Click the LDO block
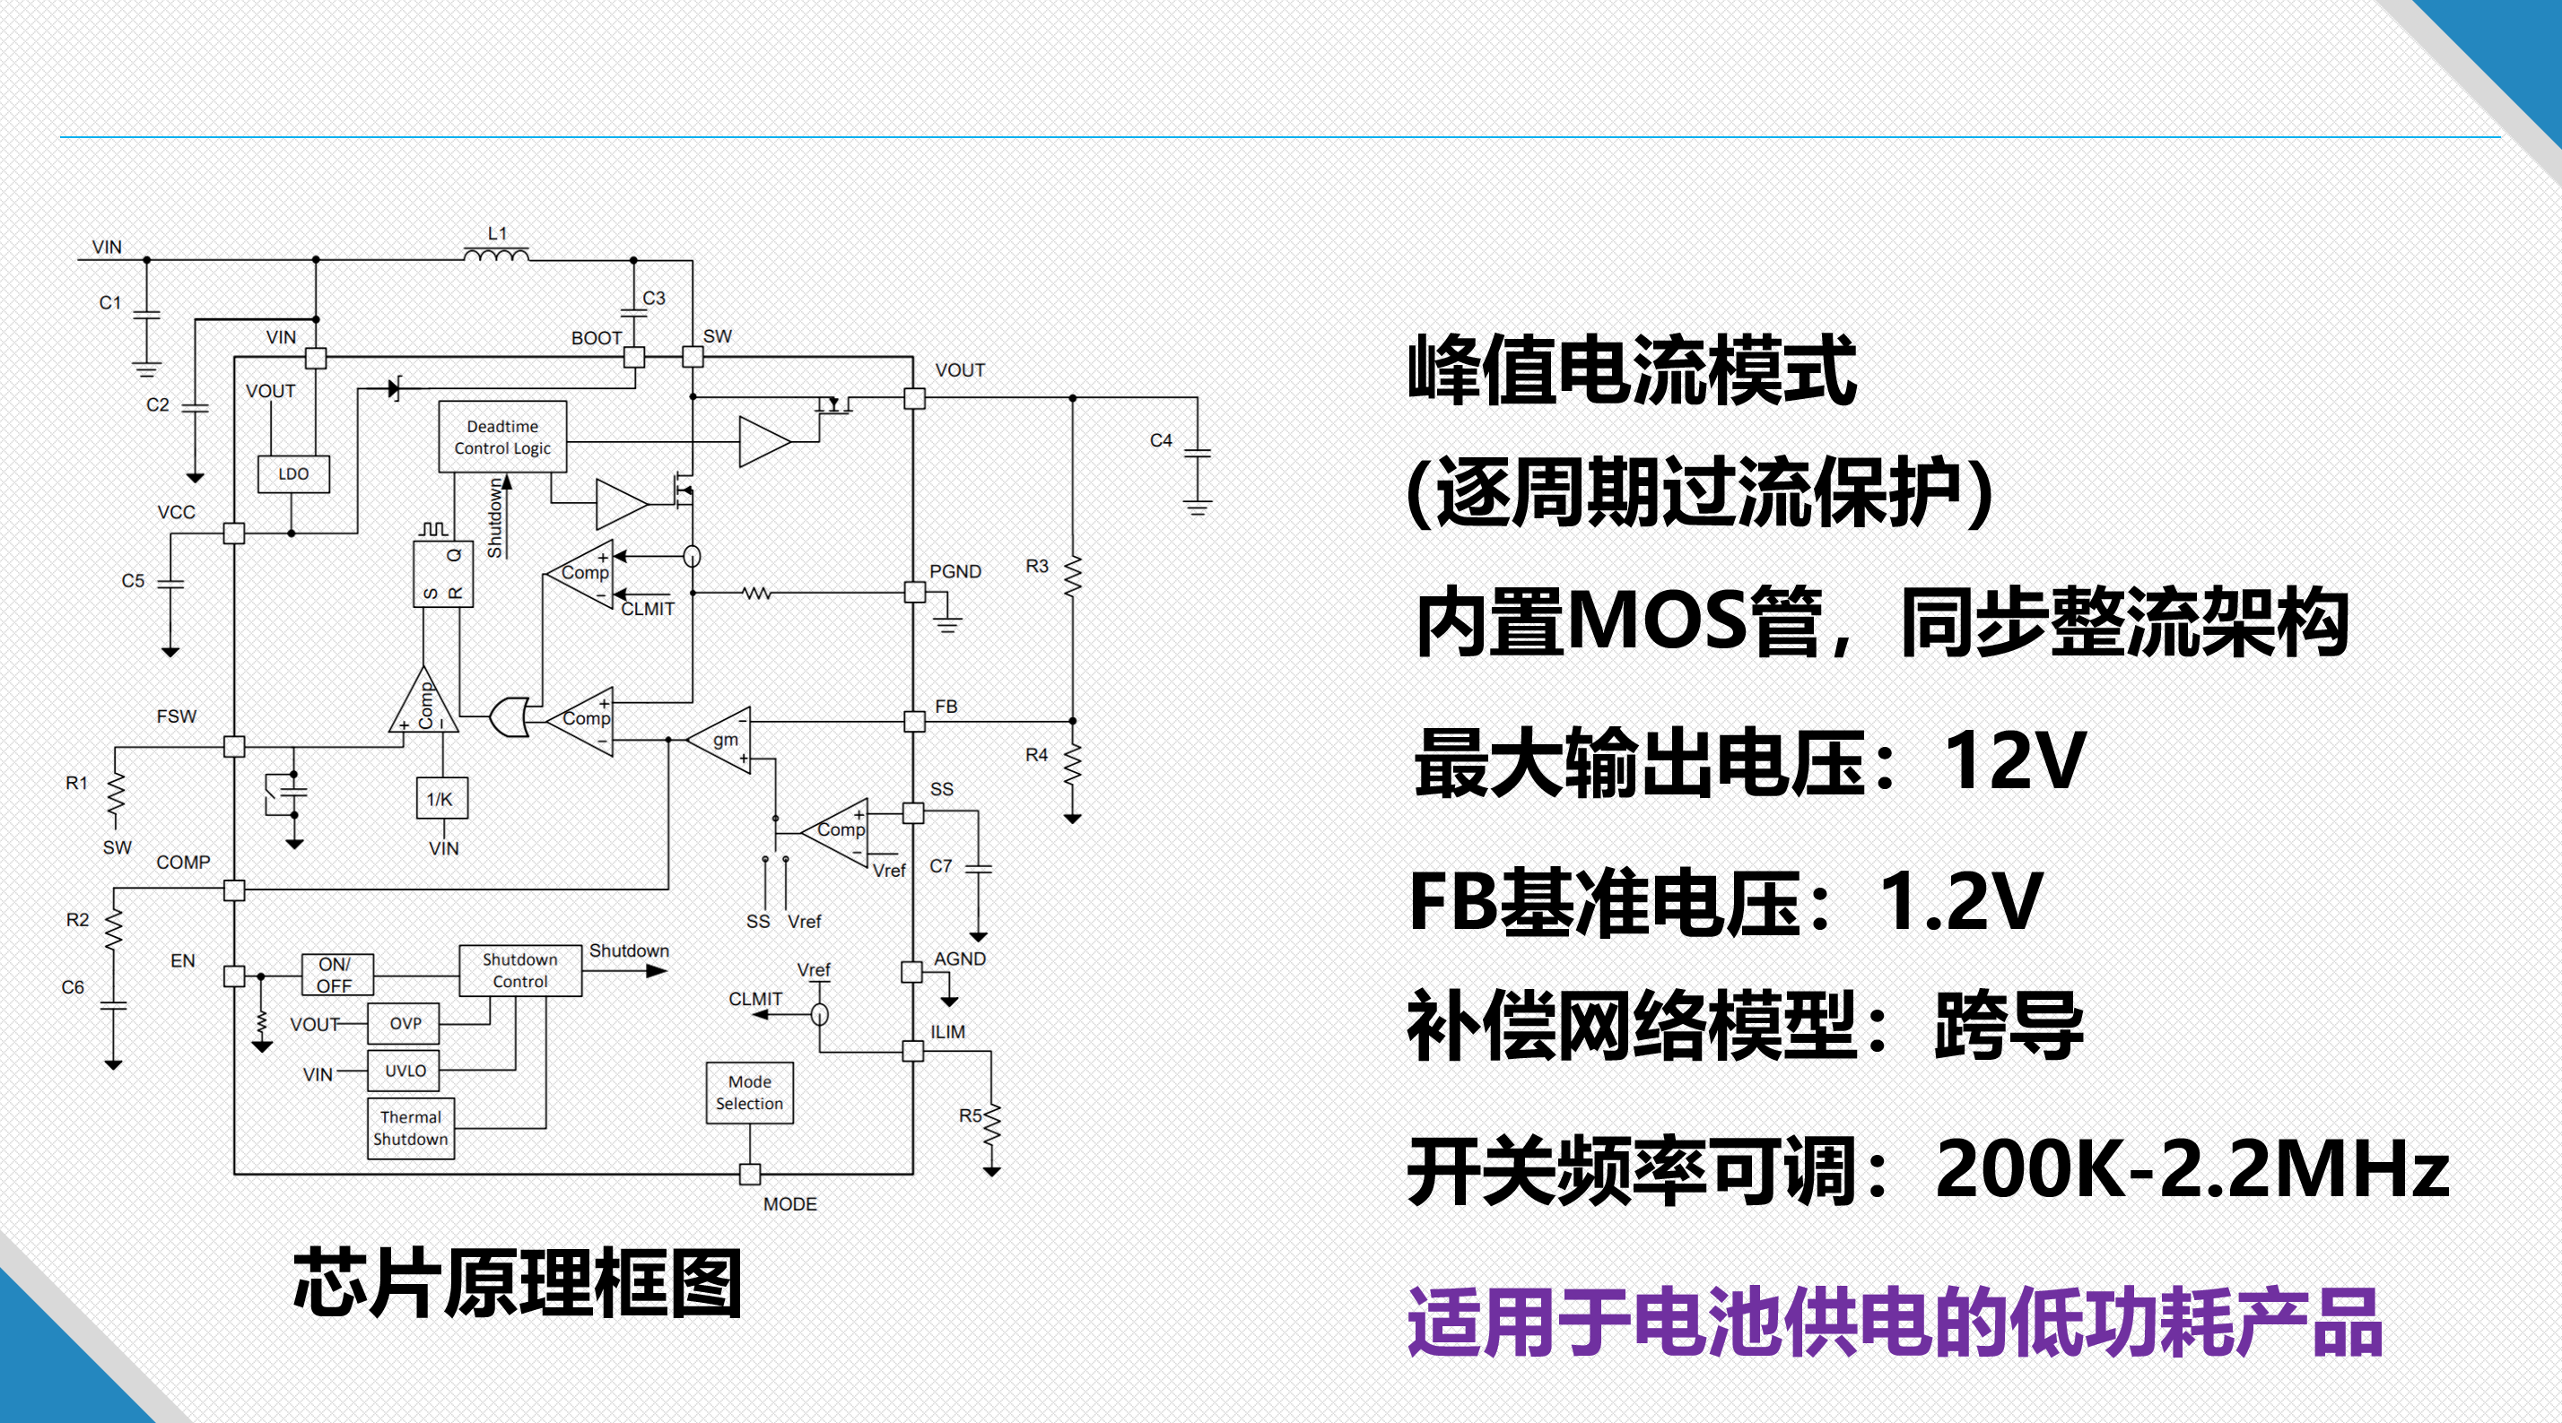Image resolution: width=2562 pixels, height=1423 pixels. [x=293, y=474]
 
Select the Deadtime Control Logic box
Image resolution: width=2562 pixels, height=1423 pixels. [x=502, y=438]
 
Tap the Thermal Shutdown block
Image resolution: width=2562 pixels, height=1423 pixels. [x=411, y=1129]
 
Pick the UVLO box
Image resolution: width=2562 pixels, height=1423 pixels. [x=404, y=1071]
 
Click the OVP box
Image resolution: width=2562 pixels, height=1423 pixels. [x=404, y=1023]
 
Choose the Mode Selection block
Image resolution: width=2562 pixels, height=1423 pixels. [x=750, y=1093]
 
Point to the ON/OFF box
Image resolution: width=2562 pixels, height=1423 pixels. [x=336, y=976]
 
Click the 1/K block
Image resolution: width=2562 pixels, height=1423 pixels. [x=440, y=799]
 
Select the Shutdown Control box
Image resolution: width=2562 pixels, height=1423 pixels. [x=520, y=970]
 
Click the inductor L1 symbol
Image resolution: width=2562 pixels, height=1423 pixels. [x=496, y=256]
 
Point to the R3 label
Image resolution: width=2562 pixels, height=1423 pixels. [x=1036, y=566]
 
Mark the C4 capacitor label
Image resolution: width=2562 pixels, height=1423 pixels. [x=1161, y=440]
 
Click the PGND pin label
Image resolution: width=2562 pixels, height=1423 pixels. [x=954, y=572]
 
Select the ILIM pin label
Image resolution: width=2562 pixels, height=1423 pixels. [x=946, y=1032]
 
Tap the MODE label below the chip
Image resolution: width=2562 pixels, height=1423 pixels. [x=789, y=1204]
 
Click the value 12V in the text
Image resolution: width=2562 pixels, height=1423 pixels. [x=2013, y=760]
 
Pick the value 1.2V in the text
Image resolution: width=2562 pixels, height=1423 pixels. [x=1959, y=901]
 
